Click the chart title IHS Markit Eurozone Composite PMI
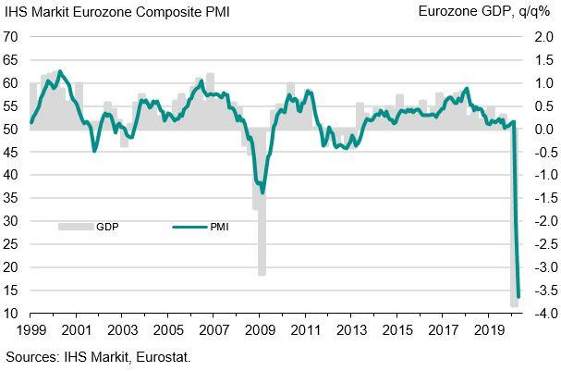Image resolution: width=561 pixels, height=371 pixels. click(117, 12)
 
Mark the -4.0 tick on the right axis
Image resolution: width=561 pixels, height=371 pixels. click(533, 315)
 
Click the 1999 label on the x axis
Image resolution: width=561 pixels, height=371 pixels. click(30, 330)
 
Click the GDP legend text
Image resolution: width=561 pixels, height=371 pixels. click(107, 225)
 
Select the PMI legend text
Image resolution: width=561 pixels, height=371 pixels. click(218, 225)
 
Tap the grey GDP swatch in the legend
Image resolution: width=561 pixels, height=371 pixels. click(73, 225)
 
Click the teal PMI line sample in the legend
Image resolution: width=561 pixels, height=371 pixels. click(186, 225)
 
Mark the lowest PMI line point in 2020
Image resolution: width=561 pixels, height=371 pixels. click(518, 296)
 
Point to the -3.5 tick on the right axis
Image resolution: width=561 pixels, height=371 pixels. click(533, 291)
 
